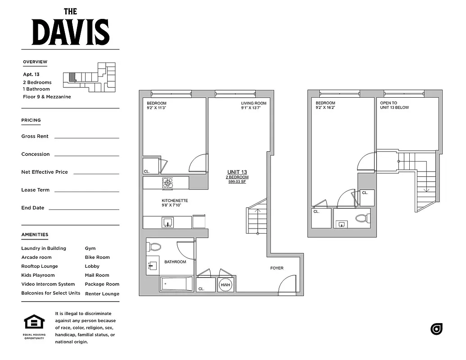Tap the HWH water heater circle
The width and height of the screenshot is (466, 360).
[225, 284]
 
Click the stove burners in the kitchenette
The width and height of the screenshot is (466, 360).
[167, 183]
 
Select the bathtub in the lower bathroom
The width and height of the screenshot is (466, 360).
[176, 284]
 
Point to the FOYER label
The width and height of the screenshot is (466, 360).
[277, 268]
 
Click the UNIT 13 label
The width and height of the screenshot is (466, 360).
[237, 172]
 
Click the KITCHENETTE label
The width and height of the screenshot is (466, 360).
[175, 201]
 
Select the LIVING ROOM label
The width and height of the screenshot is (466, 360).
[253, 103]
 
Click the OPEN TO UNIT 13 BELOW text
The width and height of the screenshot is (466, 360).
[394, 105]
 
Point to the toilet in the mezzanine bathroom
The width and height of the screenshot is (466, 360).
[362, 219]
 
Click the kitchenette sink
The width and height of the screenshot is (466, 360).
[167, 222]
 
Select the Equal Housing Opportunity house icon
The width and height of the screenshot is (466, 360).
[34, 323]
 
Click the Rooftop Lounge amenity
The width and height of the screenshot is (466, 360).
[40, 266]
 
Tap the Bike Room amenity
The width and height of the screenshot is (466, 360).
[97, 257]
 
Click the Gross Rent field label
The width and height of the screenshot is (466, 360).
[35, 136]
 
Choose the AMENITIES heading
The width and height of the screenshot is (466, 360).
[35, 234]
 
